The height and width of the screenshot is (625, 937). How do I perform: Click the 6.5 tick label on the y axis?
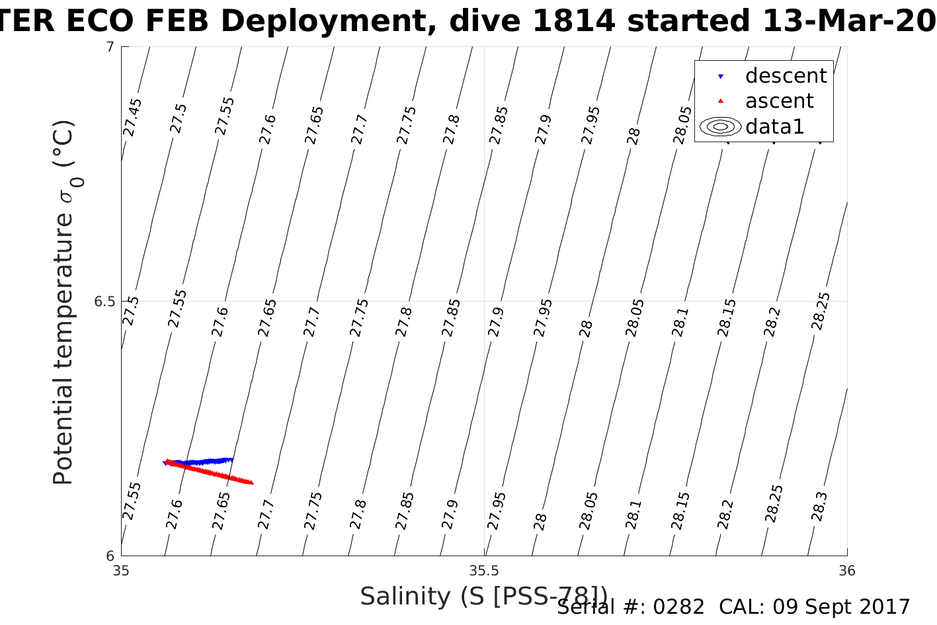[x=104, y=302]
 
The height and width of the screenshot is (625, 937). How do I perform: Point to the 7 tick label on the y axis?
[x=110, y=47]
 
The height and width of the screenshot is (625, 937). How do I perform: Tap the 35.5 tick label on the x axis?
[x=484, y=571]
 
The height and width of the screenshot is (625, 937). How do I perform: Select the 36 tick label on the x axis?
[x=846, y=571]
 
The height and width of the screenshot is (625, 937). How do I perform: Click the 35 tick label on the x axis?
[x=122, y=571]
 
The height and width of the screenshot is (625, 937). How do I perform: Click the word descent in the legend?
[x=786, y=76]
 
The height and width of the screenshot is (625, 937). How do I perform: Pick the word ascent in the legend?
[x=779, y=101]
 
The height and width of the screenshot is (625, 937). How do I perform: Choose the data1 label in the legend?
[x=774, y=126]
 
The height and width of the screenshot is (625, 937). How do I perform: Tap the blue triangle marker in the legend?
[x=721, y=77]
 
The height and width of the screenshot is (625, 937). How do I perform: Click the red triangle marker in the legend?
[x=721, y=101]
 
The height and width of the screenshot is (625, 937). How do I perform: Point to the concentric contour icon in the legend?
[x=720, y=126]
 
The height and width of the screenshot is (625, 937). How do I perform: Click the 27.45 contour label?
[x=133, y=117]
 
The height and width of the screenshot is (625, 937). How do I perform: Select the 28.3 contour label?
[x=819, y=507]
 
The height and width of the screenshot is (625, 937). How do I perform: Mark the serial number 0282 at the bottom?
[x=678, y=607]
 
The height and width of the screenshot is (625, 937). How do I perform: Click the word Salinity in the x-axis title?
[x=405, y=596]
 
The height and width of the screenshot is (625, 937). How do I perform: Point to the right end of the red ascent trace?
[x=252, y=483]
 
